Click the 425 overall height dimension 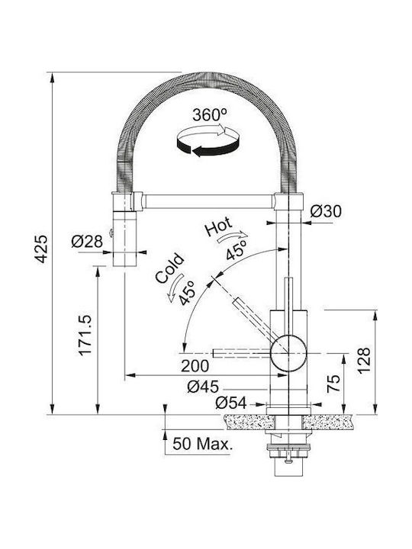pos(41,249)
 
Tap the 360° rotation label pos(210,114)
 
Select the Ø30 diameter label pos(326,211)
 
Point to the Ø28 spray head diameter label pos(87,241)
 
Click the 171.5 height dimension pos(85,335)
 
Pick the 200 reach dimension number pos(195,366)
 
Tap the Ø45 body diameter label pos(203,387)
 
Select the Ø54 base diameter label pos(231,403)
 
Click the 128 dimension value pos(364,361)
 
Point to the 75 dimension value pos(333,383)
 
